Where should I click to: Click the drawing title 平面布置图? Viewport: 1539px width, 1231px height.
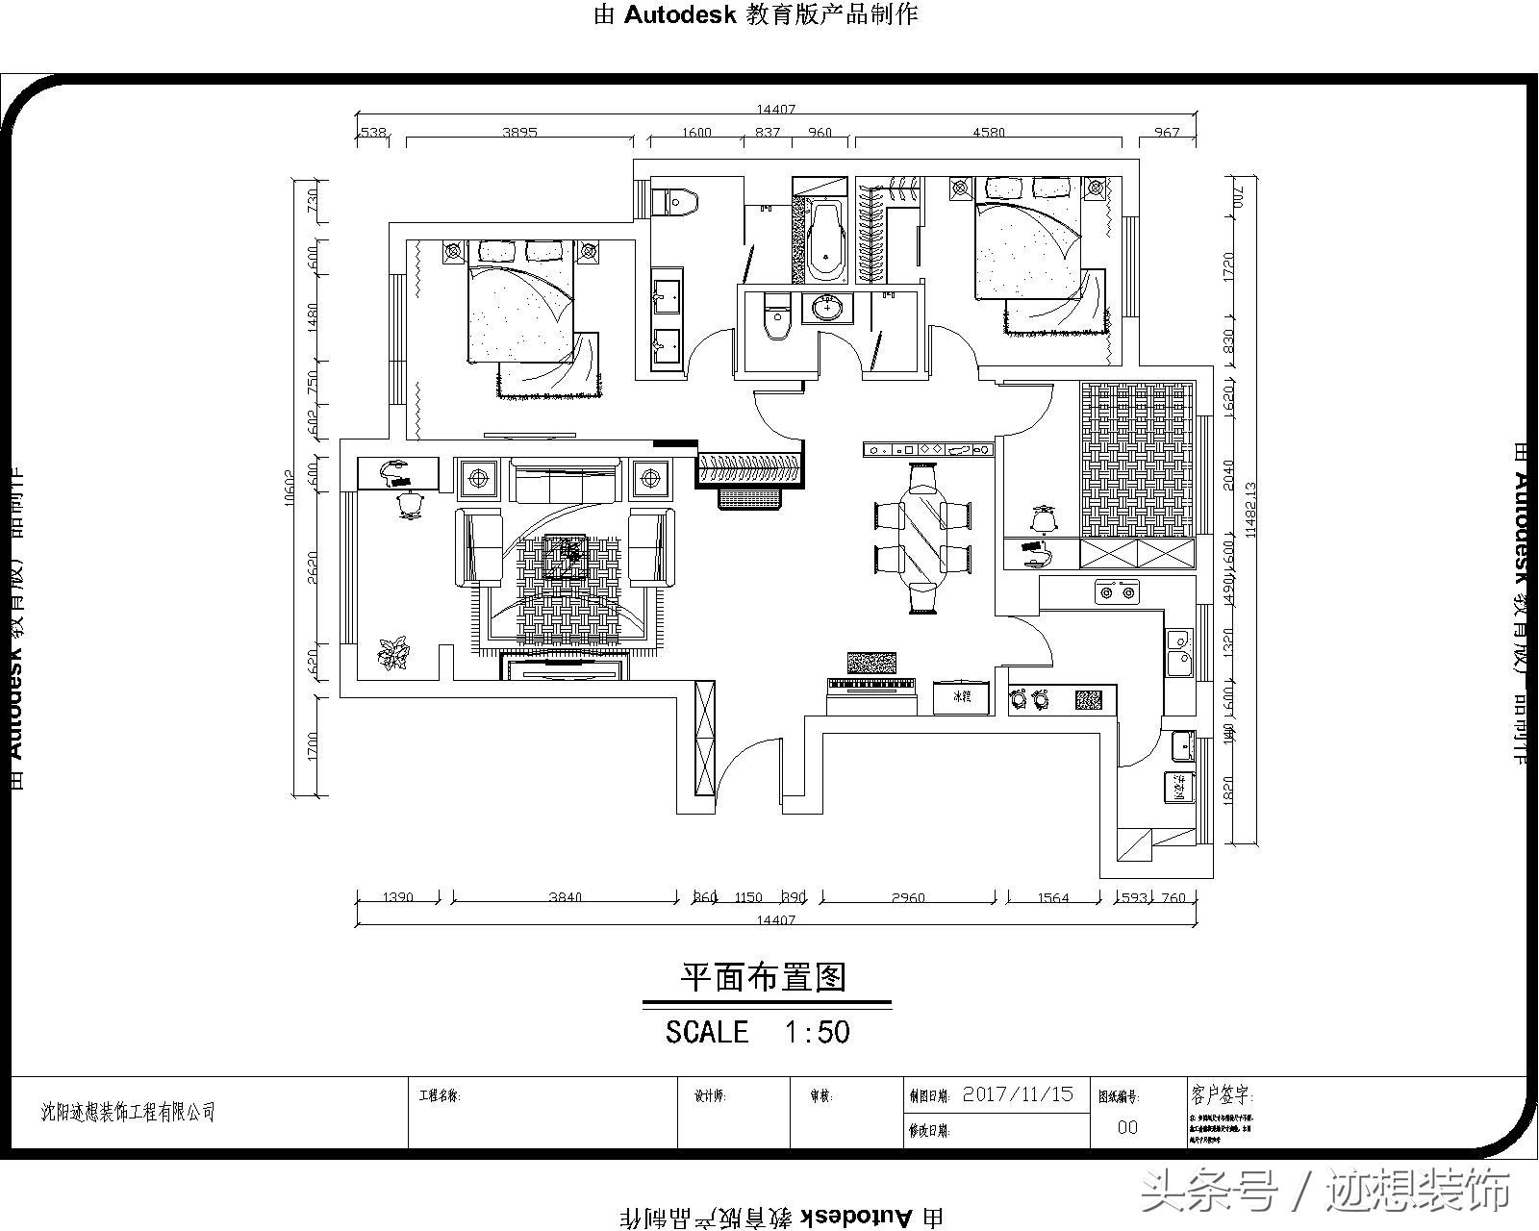point(764,978)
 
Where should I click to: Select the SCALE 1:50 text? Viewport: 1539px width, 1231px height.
point(758,1032)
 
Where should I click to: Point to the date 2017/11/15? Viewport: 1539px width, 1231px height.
point(1018,1094)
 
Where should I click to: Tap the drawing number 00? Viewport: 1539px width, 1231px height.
point(1127,1127)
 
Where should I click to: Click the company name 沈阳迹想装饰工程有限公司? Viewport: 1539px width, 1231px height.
point(128,1113)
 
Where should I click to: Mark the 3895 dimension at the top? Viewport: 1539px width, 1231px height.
point(519,133)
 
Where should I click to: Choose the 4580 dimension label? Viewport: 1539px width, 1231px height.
point(988,133)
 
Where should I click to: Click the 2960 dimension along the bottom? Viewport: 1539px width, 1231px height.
point(907,898)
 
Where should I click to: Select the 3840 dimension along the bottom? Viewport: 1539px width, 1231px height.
point(565,898)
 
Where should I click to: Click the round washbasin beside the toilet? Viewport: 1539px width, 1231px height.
point(830,308)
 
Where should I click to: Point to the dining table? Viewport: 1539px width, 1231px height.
point(923,539)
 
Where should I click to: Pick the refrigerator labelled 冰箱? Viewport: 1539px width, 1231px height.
point(962,696)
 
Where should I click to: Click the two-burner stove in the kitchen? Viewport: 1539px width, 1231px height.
point(1117,591)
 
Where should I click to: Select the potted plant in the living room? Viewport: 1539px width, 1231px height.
point(392,653)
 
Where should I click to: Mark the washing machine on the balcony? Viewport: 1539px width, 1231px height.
point(1179,788)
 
